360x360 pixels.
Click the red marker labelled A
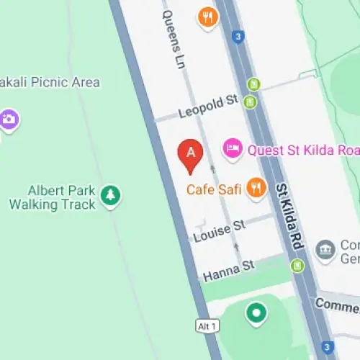click(x=191, y=156)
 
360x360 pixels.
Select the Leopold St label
click(x=207, y=107)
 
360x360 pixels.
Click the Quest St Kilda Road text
click(x=302, y=150)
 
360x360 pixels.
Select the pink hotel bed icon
click(x=232, y=148)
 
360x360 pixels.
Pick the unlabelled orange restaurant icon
click(x=208, y=17)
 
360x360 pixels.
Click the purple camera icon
click(x=9, y=118)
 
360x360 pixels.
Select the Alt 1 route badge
click(x=206, y=327)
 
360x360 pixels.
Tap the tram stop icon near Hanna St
click(x=297, y=266)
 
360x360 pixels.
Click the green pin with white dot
click(x=256, y=313)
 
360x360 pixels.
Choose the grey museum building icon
click(x=327, y=250)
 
